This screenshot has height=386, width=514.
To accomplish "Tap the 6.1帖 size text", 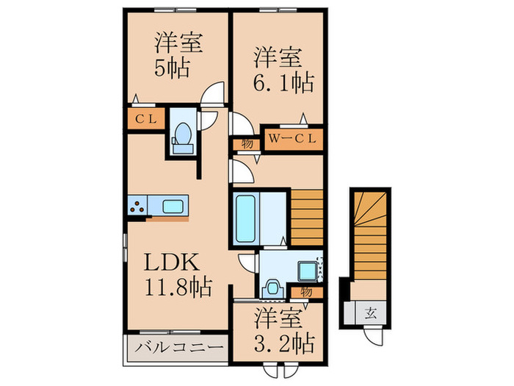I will point(283,80).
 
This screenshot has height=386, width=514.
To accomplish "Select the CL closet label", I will point(143,118).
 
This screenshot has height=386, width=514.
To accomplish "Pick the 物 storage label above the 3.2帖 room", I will point(305,291).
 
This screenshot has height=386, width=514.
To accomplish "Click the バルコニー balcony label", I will point(175,346).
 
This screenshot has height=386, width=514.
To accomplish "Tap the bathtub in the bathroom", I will point(245,218).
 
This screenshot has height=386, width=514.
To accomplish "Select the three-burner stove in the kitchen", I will point(137,205).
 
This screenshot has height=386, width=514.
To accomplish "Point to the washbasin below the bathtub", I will point(270,285).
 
